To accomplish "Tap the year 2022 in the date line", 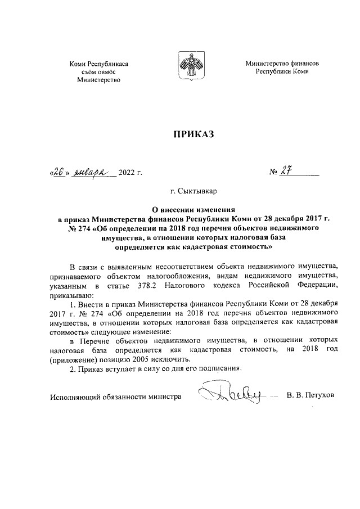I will (x=127, y=173).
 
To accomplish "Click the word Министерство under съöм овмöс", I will (x=99, y=81).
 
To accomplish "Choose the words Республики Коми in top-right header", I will (x=282, y=73).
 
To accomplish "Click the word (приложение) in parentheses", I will (x=71, y=359).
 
